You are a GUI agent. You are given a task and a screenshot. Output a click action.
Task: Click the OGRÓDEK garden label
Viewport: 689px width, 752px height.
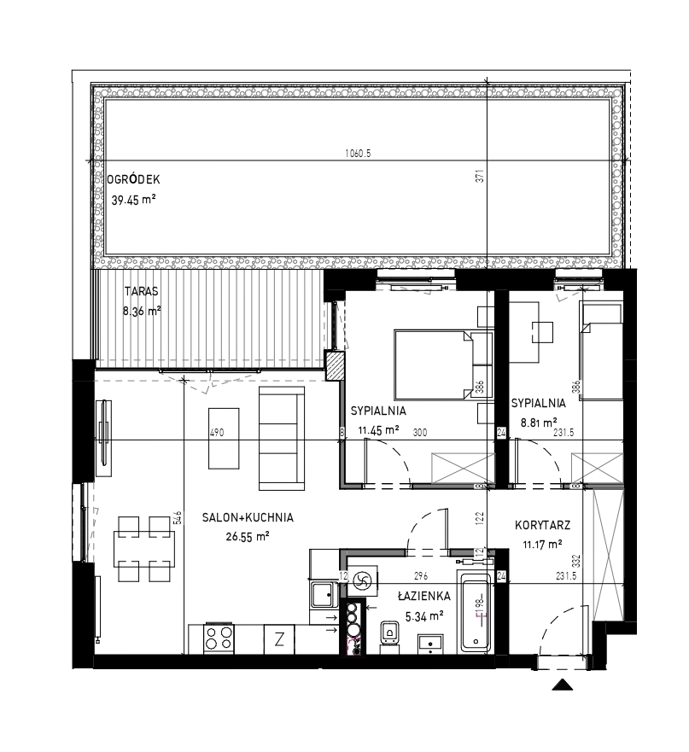pyautogui.click(x=133, y=180)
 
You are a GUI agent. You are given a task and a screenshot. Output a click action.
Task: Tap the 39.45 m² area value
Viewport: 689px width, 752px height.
pyautogui.click(x=133, y=200)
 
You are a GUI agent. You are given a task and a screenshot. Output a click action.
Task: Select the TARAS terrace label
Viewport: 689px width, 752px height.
pyautogui.click(x=141, y=291)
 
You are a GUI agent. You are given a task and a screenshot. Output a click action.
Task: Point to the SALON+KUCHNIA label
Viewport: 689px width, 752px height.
pyautogui.click(x=248, y=517)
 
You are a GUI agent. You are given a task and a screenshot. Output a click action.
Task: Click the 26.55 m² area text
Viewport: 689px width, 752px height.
pyautogui.click(x=248, y=536)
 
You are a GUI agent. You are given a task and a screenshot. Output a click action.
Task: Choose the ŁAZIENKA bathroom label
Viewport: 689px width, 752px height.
pyautogui.click(x=424, y=596)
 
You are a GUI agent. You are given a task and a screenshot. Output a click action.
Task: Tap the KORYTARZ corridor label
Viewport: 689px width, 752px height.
pyautogui.click(x=543, y=525)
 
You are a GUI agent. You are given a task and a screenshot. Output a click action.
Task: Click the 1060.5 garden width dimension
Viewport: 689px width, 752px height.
pyautogui.click(x=358, y=154)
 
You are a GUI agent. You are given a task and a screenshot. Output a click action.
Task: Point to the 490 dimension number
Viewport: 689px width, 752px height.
pyautogui.click(x=218, y=433)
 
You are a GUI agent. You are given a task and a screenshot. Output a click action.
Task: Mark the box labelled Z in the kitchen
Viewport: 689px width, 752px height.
pyautogui.click(x=279, y=639)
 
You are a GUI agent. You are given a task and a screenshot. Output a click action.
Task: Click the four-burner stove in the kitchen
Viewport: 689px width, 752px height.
pyautogui.click(x=219, y=638)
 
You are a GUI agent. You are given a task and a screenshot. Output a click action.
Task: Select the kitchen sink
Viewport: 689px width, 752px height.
pyautogui.click(x=324, y=595)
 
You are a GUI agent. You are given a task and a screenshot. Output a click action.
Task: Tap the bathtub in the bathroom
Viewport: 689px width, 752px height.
pyautogui.click(x=476, y=610)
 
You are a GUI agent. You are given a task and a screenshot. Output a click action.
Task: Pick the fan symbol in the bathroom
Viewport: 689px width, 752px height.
pyautogui.click(x=362, y=582)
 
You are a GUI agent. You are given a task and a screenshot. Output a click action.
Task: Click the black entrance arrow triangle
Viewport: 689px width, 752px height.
pyautogui.click(x=563, y=685)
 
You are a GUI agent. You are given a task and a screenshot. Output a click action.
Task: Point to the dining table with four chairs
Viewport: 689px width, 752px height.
pyautogui.click(x=144, y=549)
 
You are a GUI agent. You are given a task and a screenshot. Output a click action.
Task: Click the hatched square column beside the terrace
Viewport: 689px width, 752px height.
pyautogui.click(x=335, y=366)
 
